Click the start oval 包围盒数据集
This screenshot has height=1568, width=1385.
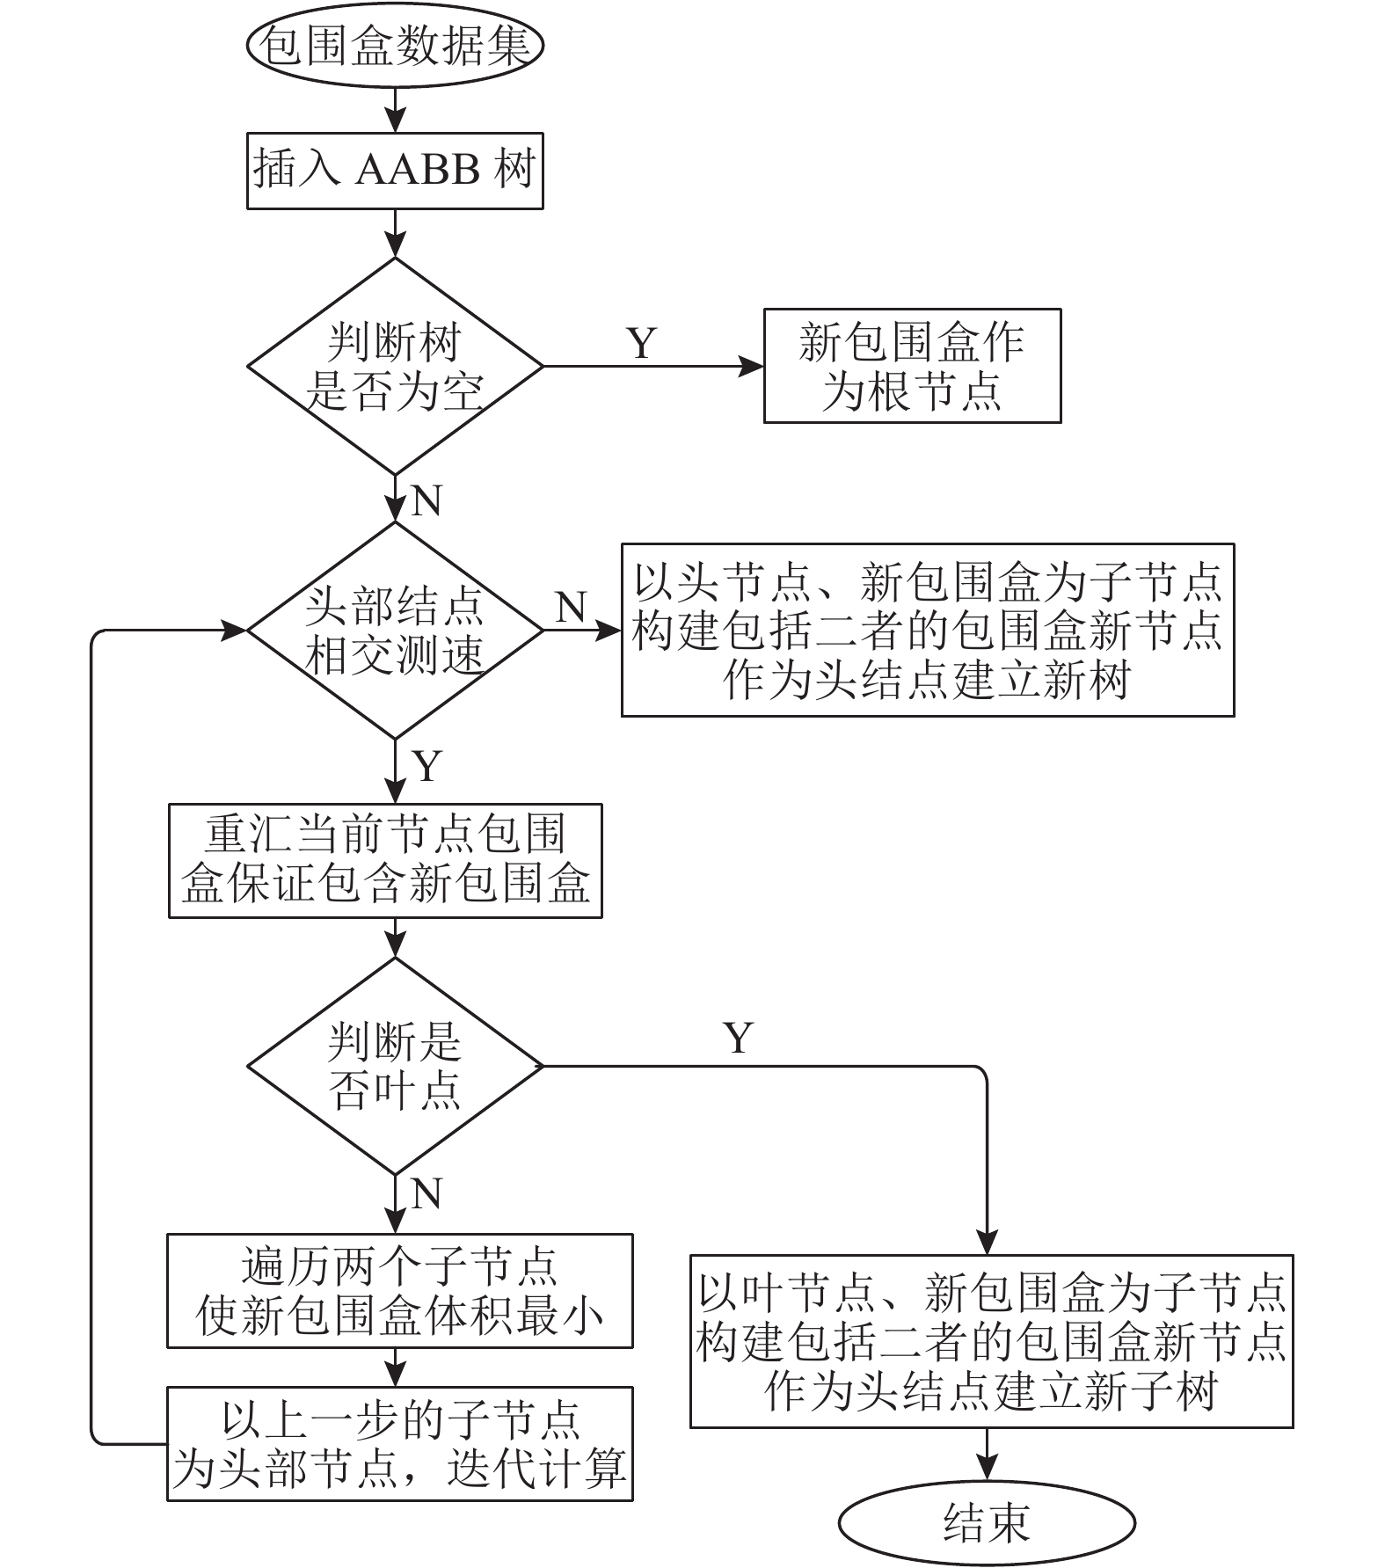(395, 45)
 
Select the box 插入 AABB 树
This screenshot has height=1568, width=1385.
(395, 171)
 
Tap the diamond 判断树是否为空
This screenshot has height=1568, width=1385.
(395, 366)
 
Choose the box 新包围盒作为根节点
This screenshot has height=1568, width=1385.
(912, 366)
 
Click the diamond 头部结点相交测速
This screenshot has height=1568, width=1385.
(395, 630)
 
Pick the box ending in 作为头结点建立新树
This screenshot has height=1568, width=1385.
(928, 630)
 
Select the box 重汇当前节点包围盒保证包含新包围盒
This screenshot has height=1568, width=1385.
(385, 861)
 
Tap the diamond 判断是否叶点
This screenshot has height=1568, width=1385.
(395, 1066)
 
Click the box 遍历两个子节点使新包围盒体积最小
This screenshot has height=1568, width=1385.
(400, 1291)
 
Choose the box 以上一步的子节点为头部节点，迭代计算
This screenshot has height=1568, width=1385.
(400, 1444)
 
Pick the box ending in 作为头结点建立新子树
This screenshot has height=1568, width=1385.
(992, 1341)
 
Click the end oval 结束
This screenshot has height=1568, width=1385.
(987, 1522)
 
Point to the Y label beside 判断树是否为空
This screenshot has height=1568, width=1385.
(642, 343)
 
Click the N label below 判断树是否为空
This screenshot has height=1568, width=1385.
(426, 500)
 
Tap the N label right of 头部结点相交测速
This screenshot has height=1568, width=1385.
(572, 607)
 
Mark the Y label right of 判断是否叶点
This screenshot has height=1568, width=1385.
(739, 1039)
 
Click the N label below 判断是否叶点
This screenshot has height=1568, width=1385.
(426, 1194)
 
